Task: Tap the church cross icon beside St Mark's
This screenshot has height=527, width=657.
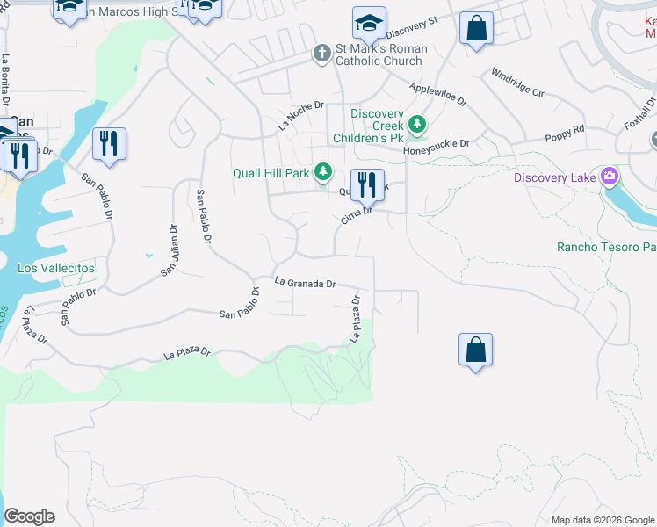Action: (322, 54)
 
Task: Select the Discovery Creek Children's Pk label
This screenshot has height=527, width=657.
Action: (377, 126)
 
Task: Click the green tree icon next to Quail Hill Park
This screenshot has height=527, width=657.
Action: (325, 172)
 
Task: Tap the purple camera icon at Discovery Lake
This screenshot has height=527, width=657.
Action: (610, 177)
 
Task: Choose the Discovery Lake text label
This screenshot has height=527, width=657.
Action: (556, 178)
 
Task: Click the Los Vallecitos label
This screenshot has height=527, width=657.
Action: (56, 267)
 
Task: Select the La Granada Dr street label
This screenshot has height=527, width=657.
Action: (306, 283)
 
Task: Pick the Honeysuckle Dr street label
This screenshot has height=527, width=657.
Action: (437, 144)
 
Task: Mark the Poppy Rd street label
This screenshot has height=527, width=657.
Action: (565, 133)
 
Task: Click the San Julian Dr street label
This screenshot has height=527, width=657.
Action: (169, 249)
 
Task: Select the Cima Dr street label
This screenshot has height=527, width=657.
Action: (357, 211)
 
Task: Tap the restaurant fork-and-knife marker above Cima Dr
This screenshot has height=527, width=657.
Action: (368, 184)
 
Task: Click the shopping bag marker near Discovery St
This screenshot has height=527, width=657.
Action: (475, 27)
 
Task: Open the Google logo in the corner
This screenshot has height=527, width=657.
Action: (29, 516)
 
